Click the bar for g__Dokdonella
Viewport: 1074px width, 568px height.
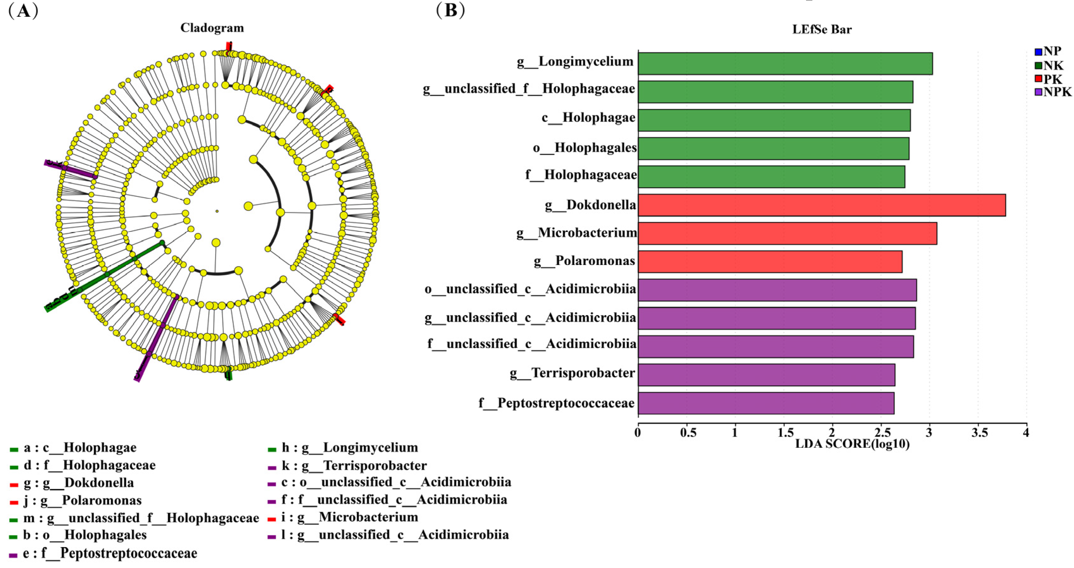pyautogui.click(x=821, y=205)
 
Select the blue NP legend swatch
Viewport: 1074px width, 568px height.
pyautogui.click(x=1038, y=52)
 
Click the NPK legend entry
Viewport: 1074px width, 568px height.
pyautogui.click(x=1053, y=92)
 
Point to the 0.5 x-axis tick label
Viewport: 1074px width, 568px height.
pyautogui.click(x=688, y=433)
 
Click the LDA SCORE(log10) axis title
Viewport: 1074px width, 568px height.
pyautogui.click(x=852, y=444)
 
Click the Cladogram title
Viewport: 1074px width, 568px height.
pyautogui.click(x=212, y=28)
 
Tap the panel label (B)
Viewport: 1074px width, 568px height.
pyautogui.click(x=450, y=10)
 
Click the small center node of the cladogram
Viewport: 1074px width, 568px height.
pyautogui.click(x=217, y=211)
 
